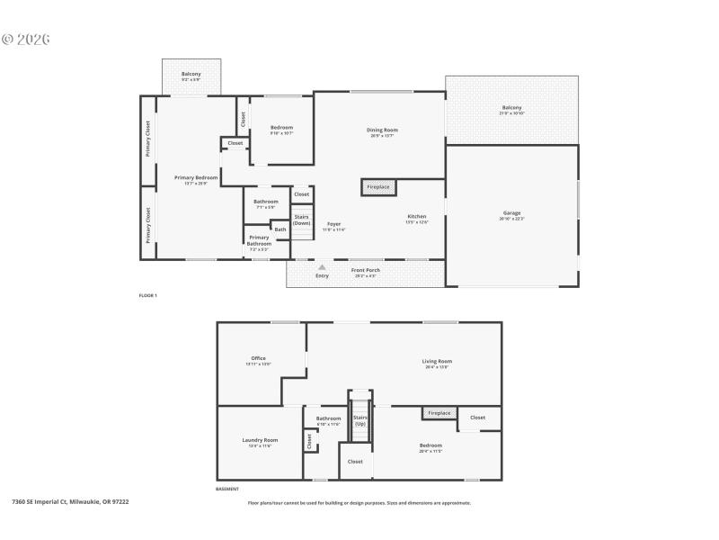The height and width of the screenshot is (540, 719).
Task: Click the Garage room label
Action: click(512, 214)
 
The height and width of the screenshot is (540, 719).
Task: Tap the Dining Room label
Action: click(382, 130)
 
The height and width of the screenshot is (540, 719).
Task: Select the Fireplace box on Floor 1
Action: click(379, 187)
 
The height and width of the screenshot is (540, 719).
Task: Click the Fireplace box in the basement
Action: click(439, 413)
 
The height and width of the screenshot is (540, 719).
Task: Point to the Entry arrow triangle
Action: click(321, 267)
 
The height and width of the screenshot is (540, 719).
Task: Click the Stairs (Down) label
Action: click(301, 220)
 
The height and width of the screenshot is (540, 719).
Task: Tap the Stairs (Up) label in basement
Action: click(359, 420)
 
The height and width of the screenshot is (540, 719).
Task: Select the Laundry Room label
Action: click(260, 440)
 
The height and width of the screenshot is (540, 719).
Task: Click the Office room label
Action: click(258, 358)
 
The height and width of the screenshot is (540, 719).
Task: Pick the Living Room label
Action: click(437, 362)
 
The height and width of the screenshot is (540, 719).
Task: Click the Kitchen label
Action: click(417, 217)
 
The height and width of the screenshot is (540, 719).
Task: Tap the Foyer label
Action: click(333, 224)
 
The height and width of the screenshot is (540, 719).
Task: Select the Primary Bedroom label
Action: click(196, 178)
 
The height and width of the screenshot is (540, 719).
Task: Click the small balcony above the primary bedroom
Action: click(191, 76)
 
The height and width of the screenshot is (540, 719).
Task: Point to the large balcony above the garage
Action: click(511, 109)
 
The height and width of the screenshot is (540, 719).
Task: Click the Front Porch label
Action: click(363, 271)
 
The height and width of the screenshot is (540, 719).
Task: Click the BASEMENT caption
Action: click(227, 489)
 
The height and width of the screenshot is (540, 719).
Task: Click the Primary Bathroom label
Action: click(259, 239)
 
